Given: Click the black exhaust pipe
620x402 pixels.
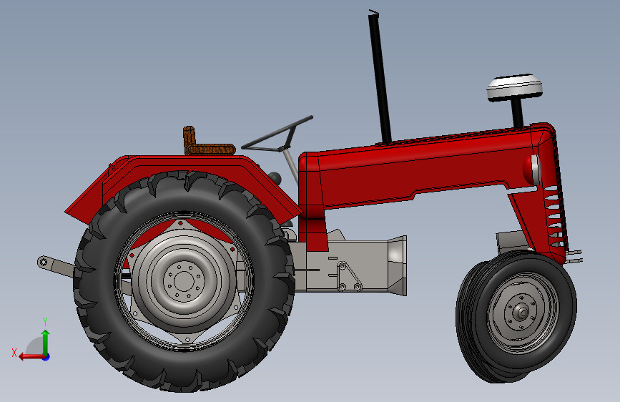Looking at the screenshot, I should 380,79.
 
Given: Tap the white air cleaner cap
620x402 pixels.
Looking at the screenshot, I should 514,87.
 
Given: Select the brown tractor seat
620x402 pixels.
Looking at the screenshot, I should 207,147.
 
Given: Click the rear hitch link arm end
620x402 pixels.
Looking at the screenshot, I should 44,263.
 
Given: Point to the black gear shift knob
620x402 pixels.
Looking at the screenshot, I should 275,176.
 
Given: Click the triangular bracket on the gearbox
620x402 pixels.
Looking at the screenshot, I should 347,278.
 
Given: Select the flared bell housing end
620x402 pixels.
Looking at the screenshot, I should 397,265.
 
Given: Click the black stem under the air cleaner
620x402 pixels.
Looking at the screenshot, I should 516,112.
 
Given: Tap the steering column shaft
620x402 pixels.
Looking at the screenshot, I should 289,165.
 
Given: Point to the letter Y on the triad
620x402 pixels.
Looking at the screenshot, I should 45,321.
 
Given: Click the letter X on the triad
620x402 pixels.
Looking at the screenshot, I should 14,352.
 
